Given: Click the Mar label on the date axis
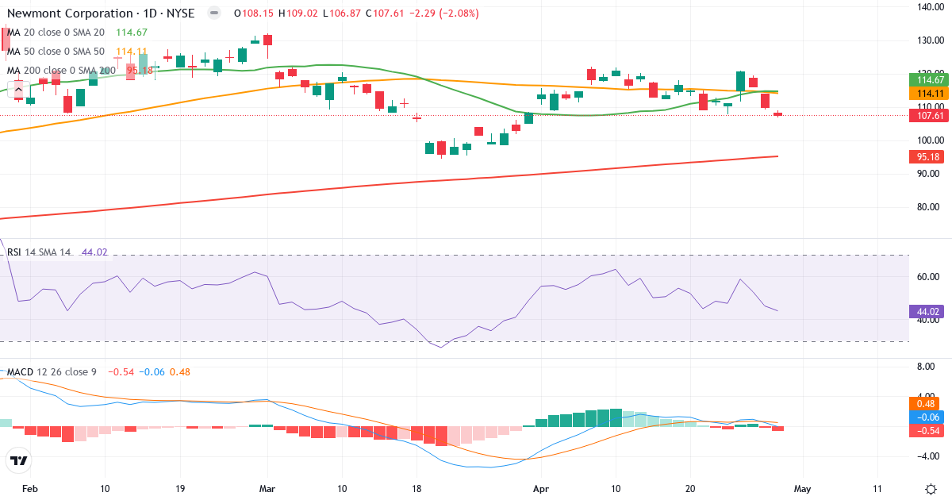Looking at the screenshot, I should pos(267,489).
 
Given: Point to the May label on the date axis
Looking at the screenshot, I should pos(802,489).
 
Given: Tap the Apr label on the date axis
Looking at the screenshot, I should pos(541,489).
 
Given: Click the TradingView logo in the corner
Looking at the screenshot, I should pos(19,460).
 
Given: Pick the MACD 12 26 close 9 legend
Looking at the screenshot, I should pos(52,371).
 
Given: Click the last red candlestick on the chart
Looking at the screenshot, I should pos(777,114).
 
